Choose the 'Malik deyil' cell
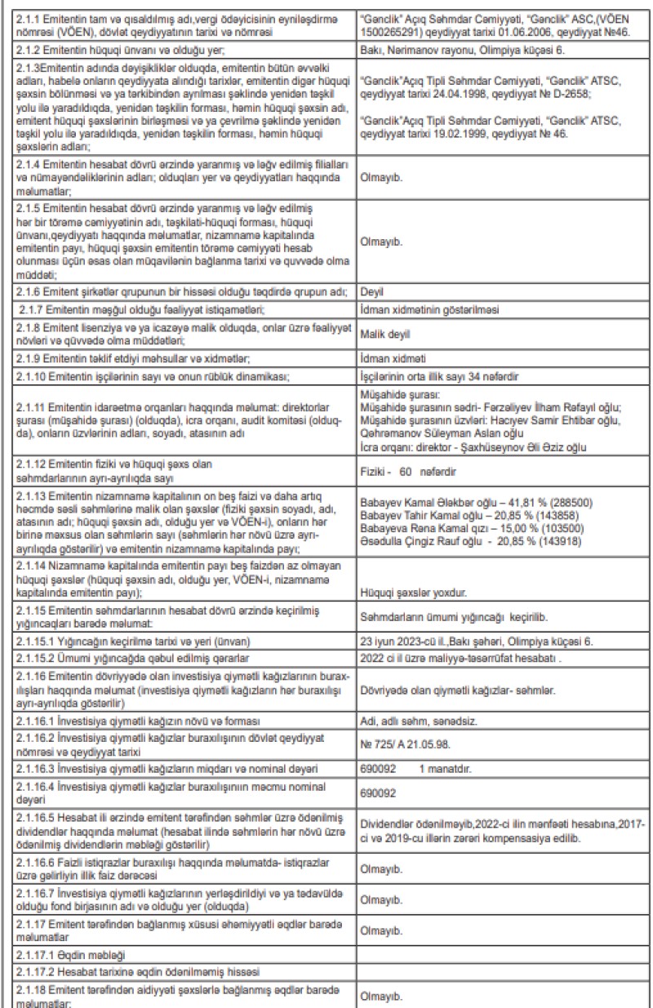point(384,335)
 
